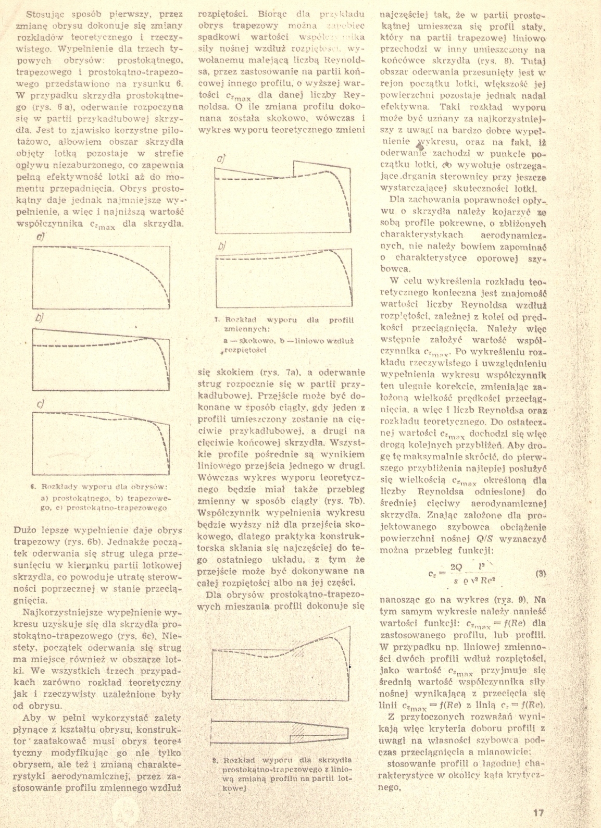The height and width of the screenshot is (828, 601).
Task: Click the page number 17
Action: tap(539, 812)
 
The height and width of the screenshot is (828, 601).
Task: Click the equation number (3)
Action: tap(540, 574)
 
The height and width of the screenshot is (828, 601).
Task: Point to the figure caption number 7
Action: tap(216, 319)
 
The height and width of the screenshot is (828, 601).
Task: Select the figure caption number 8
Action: tap(215, 760)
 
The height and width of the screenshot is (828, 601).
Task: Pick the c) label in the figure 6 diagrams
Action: tap(39, 403)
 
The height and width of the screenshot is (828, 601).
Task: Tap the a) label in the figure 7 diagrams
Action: tap(221, 159)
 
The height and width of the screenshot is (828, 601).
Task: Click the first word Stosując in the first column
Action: tap(43, 14)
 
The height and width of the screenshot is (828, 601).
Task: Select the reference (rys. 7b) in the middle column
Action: tap(346, 502)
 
